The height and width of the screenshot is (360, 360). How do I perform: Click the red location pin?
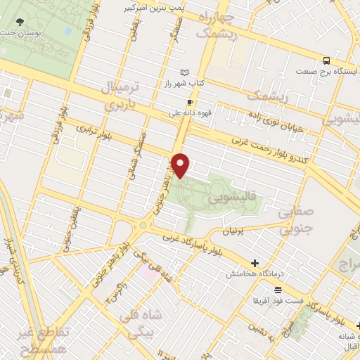click(x=181, y=165)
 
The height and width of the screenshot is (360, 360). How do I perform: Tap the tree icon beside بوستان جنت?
click(x=18, y=22)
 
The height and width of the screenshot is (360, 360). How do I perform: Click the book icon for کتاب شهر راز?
click(x=184, y=72)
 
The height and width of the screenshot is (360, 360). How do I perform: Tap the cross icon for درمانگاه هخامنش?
click(x=255, y=263)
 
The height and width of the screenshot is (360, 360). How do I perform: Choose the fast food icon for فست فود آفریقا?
click(x=278, y=290)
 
